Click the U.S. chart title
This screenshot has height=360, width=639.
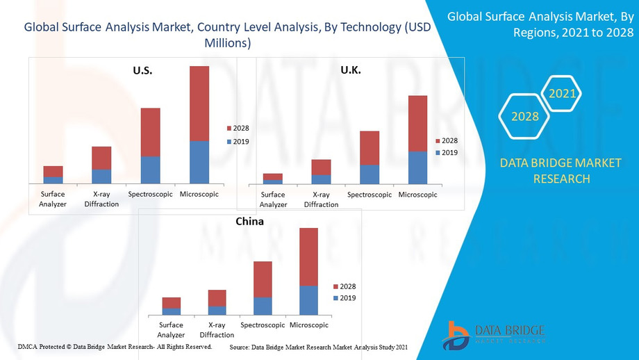click(142, 70)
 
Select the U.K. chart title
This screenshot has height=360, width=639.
click(351, 70)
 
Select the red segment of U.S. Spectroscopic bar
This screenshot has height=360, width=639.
click(151, 132)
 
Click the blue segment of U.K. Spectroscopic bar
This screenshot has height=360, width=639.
click(370, 174)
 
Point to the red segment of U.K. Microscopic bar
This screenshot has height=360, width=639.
click(417, 123)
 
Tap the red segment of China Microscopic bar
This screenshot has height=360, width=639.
click(308, 256)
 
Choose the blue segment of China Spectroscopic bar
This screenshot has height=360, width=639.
click(263, 306)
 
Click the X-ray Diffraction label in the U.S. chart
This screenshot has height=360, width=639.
click(101, 199)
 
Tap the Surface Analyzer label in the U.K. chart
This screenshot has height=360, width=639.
click(273, 199)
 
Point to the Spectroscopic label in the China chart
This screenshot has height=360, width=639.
click(263, 325)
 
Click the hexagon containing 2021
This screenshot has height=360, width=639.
click(561, 92)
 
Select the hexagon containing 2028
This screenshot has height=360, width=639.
click(525, 116)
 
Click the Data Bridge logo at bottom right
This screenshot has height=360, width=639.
click(494, 334)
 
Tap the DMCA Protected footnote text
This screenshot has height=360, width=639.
click(115, 346)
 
